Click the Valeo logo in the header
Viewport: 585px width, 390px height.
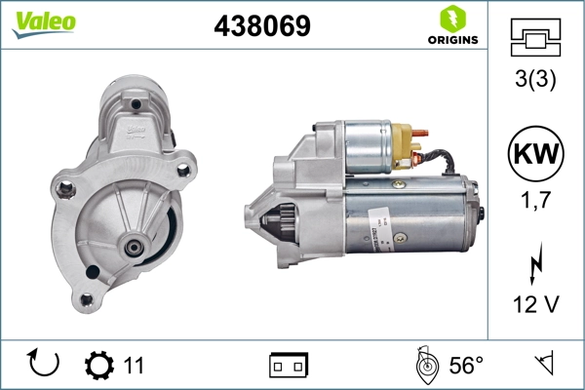click(x=44, y=23)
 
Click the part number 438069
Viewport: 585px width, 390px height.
click(x=261, y=27)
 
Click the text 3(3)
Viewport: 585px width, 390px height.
click(x=534, y=81)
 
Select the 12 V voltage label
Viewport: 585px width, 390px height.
click(x=534, y=304)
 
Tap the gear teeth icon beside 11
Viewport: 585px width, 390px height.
click(x=98, y=366)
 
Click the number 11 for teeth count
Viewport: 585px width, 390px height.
click(x=134, y=366)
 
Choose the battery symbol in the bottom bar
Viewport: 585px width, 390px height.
click(x=289, y=366)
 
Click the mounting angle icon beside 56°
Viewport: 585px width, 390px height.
click(x=425, y=365)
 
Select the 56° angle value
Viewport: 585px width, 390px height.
click(x=466, y=366)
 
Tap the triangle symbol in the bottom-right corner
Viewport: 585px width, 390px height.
click(x=542, y=365)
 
